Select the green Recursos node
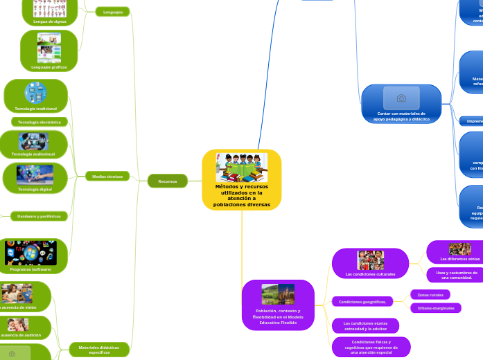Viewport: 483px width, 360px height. (168, 181)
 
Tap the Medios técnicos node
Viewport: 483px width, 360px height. (107, 177)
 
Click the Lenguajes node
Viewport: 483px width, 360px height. (112, 12)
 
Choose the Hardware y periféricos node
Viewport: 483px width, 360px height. (39, 216)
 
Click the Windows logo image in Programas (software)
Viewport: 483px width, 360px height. (30, 253)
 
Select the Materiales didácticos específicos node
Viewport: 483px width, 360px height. (98, 350)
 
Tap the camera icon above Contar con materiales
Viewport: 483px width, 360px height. (401, 98)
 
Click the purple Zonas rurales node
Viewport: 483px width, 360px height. (430, 295)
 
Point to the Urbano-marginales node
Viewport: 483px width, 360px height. (435, 307)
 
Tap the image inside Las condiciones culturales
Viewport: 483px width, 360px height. (370, 260)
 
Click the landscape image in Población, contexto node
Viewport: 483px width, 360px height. (278, 294)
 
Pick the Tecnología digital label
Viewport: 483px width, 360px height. (35, 189)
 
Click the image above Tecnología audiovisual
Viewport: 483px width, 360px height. (34, 141)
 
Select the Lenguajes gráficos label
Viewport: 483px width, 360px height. (49, 67)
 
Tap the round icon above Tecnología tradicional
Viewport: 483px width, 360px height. (35, 93)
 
